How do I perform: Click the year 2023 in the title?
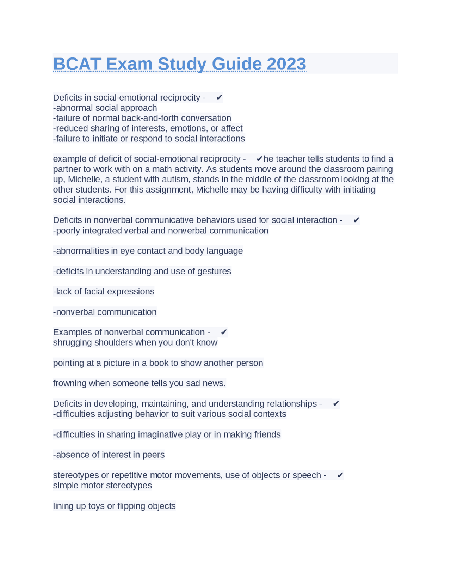click(286, 64)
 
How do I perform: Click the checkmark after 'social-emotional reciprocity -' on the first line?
click(219, 98)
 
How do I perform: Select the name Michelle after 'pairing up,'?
click(84, 179)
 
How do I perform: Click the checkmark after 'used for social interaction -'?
click(356, 220)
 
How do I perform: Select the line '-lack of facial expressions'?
click(104, 292)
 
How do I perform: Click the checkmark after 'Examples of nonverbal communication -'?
click(224, 332)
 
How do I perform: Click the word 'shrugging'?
click(72, 342)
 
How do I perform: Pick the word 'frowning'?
click(69, 383)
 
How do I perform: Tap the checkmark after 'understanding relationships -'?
click(336, 404)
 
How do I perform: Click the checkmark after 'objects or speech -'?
click(340, 475)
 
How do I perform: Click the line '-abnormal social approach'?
click(105, 108)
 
